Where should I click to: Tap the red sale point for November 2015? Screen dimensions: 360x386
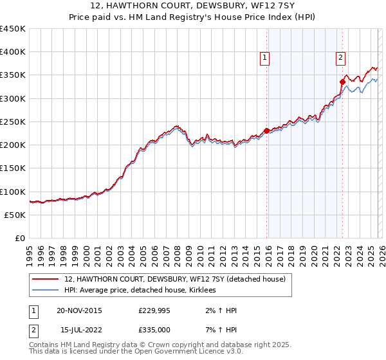[266, 131]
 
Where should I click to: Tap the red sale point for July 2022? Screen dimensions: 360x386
[342, 82]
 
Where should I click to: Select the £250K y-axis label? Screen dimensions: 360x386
[13, 122]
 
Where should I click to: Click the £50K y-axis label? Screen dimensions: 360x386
[15, 215]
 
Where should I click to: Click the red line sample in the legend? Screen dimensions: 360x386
[45, 280]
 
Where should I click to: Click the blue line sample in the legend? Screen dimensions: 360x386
[45, 291]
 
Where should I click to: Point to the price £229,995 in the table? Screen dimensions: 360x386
[154, 310]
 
